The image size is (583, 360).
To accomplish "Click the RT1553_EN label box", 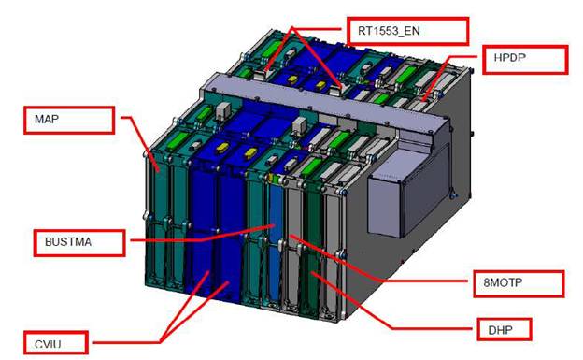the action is click(x=408, y=31).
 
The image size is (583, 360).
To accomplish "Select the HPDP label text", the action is click(x=510, y=58).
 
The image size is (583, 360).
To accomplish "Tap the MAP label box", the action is click(x=69, y=120).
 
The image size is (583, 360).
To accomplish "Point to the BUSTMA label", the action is click(x=68, y=242).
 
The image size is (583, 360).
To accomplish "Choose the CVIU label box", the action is click(x=56, y=342).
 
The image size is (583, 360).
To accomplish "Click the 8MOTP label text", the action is click(x=503, y=282).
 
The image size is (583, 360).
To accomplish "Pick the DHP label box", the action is click(x=505, y=329).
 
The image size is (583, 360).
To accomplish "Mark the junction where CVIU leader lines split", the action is click(x=161, y=342).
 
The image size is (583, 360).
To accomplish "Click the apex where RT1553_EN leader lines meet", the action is click(x=292, y=28).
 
